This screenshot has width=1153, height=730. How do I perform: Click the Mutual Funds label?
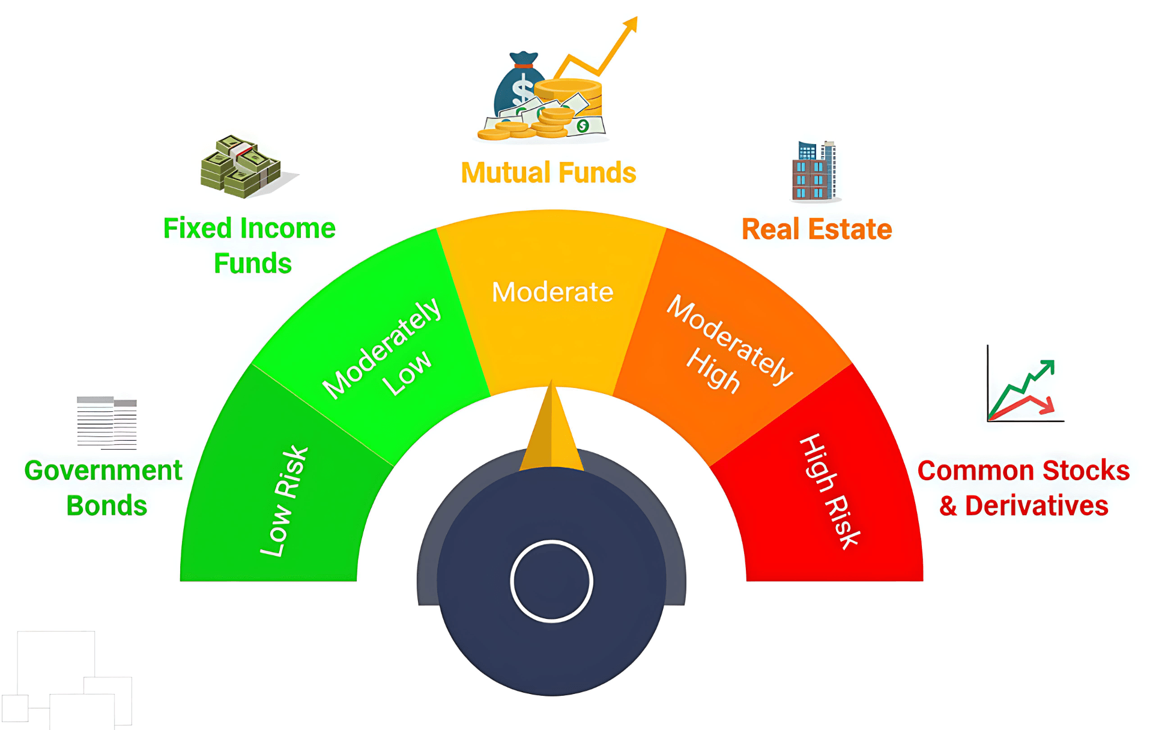[x=548, y=173]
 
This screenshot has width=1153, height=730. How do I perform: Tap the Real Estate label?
[x=817, y=229]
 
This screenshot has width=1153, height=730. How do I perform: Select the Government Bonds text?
[x=104, y=487]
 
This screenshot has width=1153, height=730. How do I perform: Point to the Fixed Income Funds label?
[x=250, y=246]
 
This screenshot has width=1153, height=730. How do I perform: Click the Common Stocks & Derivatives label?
[x=1024, y=487]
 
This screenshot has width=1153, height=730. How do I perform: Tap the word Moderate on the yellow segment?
[x=552, y=292]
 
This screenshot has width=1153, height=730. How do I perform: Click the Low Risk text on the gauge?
[x=284, y=501]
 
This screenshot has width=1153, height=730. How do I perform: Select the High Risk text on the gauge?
[x=831, y=491]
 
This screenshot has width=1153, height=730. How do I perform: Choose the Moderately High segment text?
[x=728, y=343]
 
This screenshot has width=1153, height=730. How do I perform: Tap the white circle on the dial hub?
[x=551, y=581]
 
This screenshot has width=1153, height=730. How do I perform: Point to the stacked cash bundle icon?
[x=241, y=167]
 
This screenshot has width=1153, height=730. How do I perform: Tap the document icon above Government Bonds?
[x=107, y=423]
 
